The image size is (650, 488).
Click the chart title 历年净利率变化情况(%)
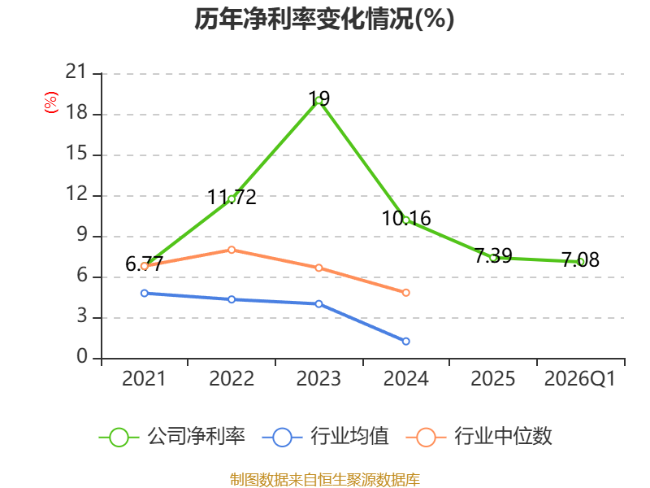pyautogui.click(x=324, y=19)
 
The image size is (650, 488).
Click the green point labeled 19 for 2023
pyautogui.click(x=318, y=100)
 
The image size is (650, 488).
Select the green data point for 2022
pyautogui.click(x=232, y=199)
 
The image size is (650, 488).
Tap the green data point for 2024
pyautogui.click(x=405, y=220)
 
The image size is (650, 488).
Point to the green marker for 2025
pyautogui.click(x=493, y=258)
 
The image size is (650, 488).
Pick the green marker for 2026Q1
pyautogui.click(x=581, y=262)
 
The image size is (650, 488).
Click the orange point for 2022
pyautogui.click(x=232, y=250)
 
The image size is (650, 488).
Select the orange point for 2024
pyautogui.click(x=405, y=293)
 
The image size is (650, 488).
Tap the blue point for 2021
pyautogui.click(x=145, y=293)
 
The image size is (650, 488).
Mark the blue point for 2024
pyautogui.click(x=405, y=341)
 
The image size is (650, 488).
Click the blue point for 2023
pyautogui.click(x=318, y=303)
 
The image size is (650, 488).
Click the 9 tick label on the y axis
pyautogui.click(x=82, y=235)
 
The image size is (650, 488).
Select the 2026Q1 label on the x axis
pyautogui.click(x=580, y=378)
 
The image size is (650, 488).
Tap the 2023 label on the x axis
pyautogui.click(x=318, y=378)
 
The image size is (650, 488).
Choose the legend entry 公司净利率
pyautogui.click(x=172, y=437)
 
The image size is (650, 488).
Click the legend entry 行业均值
pyautogui.click(x=326, y=437)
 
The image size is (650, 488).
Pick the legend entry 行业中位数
pyautogui.click(x=479, y=437)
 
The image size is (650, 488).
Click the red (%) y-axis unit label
pyautogui.click(x=51, y=102)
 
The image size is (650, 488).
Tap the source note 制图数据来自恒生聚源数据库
pyautogui.click(x=324, y=480)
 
